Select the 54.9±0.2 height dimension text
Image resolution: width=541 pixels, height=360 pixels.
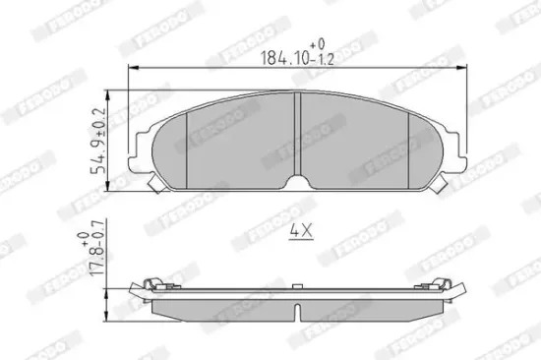click(x=98, y=141)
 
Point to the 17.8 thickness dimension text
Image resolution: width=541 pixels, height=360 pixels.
click(x=98, y=260)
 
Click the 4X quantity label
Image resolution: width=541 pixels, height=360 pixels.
click(x=299, y=232)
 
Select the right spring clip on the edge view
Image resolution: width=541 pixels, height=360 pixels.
click(x=447, y=285)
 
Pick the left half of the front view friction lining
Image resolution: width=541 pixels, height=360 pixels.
click(x=241, y=143)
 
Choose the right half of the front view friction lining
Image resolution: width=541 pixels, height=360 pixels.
click(x=354, y=143)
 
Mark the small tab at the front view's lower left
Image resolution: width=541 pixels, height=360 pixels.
click(x=150, y=184)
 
